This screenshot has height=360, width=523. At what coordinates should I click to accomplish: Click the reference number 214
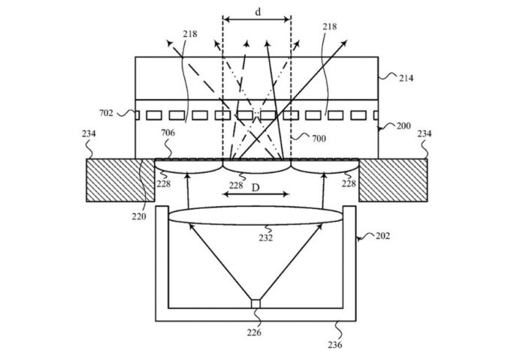click(x=406, y=78)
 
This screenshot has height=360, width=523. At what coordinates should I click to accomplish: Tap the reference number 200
click(x=404, y=126)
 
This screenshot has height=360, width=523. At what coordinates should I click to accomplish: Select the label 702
click(x=106, y=113)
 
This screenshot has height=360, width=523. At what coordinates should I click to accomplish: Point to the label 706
click(x=168, y=133)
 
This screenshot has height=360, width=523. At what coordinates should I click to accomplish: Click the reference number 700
click(x=319, y=138)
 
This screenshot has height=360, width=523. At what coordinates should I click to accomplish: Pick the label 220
click(x=139, y=216)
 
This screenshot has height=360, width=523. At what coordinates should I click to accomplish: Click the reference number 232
click(x=265, y=238)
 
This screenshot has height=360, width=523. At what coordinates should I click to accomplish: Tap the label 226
click(x=254, y=332)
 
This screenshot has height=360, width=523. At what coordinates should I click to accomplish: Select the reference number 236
click(x=335, y=345)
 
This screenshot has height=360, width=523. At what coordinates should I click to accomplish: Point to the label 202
click(x=382, y=236)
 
